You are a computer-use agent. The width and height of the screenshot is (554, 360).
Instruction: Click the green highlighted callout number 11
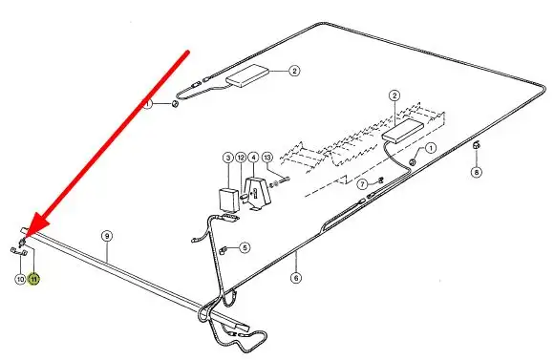pyautogui.click(x=33, y=279)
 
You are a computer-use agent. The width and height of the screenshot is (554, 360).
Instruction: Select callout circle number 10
pyautogui.click(x=20, y=279)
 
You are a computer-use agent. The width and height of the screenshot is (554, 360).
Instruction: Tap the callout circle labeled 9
pyautogui.click(x=107, y=236)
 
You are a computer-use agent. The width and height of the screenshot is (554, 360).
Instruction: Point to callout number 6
pyautogui.click(x=296, y=278)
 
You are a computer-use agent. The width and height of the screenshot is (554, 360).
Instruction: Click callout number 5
pyautogui.click(x=245, y=247)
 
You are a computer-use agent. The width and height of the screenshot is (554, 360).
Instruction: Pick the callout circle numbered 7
pyautogui.click(x=362, y=184)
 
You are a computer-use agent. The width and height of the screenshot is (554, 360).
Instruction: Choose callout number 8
pyautogui.click(x=477, y=172)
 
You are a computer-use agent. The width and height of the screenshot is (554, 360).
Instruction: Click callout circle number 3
pyautogui.click(x=228, y=158)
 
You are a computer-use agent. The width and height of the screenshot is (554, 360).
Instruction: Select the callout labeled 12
pyautogui.click(x=241, y=158)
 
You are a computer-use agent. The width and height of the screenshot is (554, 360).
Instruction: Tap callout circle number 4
pyautogui.click(x=253, y=158)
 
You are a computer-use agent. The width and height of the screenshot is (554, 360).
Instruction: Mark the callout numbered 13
pyautogui.click(x=267, y=158)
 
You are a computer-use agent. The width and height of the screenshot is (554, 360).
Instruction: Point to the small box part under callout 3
pyautogui.click(x=229, y=200)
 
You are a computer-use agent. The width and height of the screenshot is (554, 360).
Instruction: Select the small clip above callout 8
pyautogui.click(x=476, y=144)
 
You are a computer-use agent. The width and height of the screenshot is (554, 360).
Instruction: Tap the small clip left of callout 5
pyautogui.click(x=224, y=250)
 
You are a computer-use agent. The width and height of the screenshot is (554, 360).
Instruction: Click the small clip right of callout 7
pyautogui.click(x=380, y=180)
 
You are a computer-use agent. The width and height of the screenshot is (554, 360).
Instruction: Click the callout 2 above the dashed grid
pyautogui.click(x=394, y=95)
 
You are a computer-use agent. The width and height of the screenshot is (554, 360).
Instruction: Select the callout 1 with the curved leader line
pyautogui.click(x=431, y=148)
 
